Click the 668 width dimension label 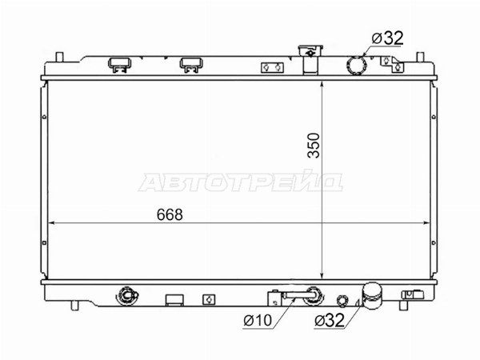pos(170,214)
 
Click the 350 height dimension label pos(314,146)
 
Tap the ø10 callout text pos(258,321)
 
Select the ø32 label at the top pos(387,38)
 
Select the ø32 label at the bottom pos(329,321)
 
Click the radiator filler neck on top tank pos(310,60)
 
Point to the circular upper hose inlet pos(356,66)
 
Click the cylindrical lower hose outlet pos(372,295)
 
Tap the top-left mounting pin pos(59,57)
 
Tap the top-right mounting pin pos(420,57)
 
